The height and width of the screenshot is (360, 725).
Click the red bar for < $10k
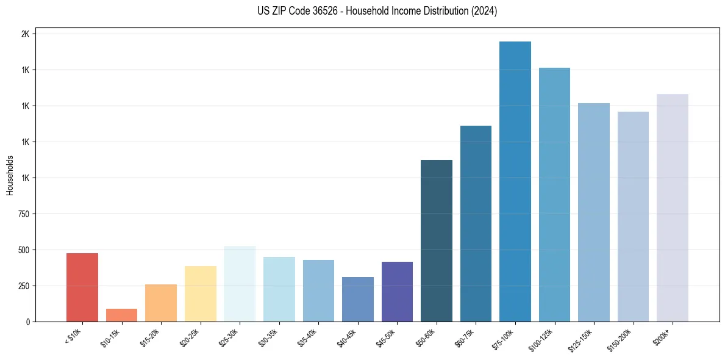click(x=82, y=287)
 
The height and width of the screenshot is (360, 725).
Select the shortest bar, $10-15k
click(x=121, y=315)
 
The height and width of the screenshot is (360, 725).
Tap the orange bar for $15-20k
click(x=161, y=303)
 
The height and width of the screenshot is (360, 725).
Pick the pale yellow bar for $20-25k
click(x=200, y=294)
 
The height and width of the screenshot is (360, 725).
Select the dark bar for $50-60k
click(x=437, y=241)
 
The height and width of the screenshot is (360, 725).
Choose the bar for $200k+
click(x=672, y=208)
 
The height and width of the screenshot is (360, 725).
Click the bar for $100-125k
click(x=554, y=195)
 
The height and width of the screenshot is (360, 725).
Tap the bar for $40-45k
click(x=358, y=300)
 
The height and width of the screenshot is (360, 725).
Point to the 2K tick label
click(x=25, y=34)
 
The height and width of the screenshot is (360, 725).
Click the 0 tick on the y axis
click(x=27, y=322)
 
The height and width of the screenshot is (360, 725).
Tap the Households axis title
click(x=10, y=175)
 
